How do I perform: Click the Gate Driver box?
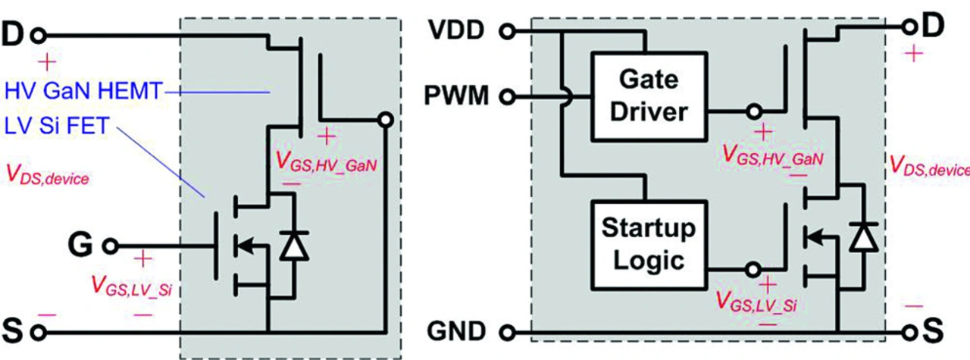tap(649, 96)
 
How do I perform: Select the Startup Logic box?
tap(649, 245)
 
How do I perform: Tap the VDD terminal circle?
tap(508, 31)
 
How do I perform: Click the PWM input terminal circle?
tap(508, 96)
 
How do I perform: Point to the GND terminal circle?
tap(508, 333)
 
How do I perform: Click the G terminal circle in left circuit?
tap(111, 246)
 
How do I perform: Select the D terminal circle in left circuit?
tap(39, 36)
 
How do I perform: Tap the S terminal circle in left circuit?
tap(39, 333)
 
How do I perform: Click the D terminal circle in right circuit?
tap(910, 27)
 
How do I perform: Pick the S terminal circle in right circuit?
tap(910, 333)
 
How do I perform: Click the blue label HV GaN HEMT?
tap(83, 91)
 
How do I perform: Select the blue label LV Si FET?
tap(57, 126)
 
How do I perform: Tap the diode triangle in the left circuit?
tap(294, 246)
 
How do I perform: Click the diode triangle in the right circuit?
tap(863, 237)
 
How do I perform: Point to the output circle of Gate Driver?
tap(754, 111)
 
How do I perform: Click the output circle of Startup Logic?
tap(753, 270)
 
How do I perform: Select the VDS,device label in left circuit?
tap(48, 175)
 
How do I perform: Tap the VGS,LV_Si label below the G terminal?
tap(132, 286)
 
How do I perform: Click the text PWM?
tap(456, 95)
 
